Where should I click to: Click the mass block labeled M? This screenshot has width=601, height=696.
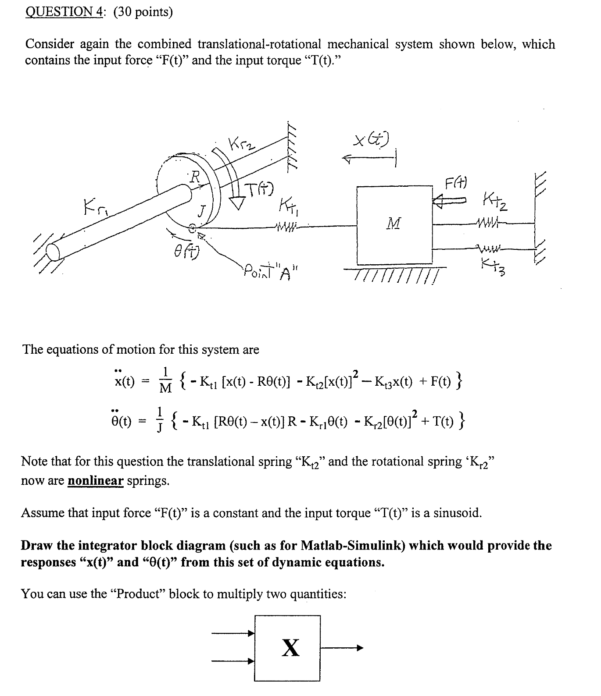coord(394,224)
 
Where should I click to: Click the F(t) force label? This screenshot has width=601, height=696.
coord(456,181)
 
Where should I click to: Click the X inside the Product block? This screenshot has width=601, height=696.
coord(290,648)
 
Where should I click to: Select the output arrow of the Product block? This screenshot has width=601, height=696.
coord(342,648)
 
